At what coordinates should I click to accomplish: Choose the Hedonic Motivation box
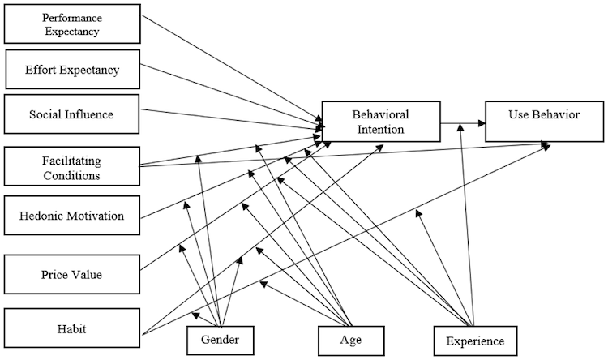[71, 216]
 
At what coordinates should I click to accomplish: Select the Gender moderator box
[221, 339]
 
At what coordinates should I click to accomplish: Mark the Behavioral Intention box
[380, 122]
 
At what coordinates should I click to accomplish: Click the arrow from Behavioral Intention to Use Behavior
[463, 123]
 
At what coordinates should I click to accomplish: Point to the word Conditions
[72, 174]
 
